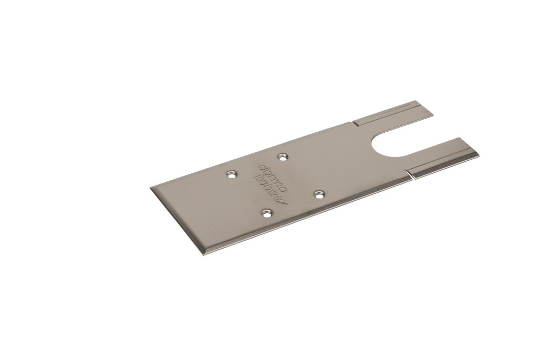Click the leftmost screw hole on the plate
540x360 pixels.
point(232,175)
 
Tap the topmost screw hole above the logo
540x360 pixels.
point(281,157)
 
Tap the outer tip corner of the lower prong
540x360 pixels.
point(479,155)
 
